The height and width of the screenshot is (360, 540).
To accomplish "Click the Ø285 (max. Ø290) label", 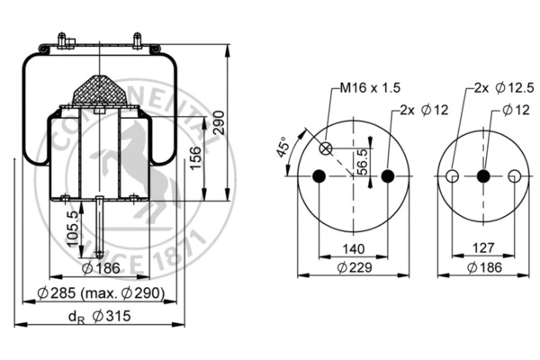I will [x=100, y=294].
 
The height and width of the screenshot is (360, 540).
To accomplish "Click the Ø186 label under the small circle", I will [x=483, y=268].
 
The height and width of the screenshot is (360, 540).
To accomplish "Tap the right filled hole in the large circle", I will [x=388, y=176].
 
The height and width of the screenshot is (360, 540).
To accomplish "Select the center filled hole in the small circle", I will [x=483, y=176].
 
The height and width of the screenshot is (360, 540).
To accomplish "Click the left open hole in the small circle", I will [x=453, y=176].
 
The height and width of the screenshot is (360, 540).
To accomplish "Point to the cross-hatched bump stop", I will [x=101, y=91].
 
